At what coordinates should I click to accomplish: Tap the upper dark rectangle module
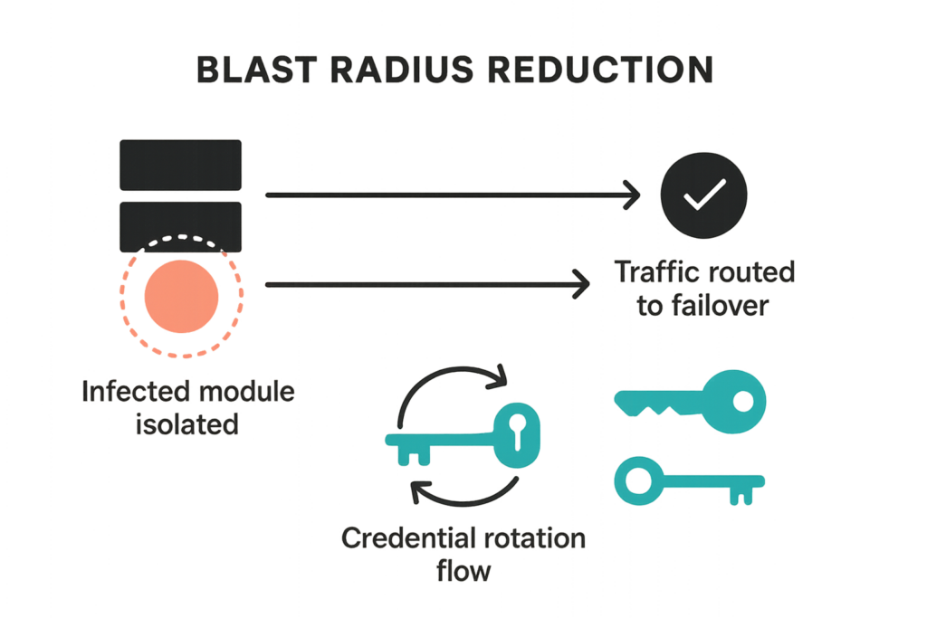tap(181, 165)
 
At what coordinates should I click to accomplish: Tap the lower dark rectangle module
tap(181, 225)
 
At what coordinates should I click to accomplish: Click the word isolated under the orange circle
tap(187, 423)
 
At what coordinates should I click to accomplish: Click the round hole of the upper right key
tap(742, 396)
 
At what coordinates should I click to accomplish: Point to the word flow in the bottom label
tap(463, 571)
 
